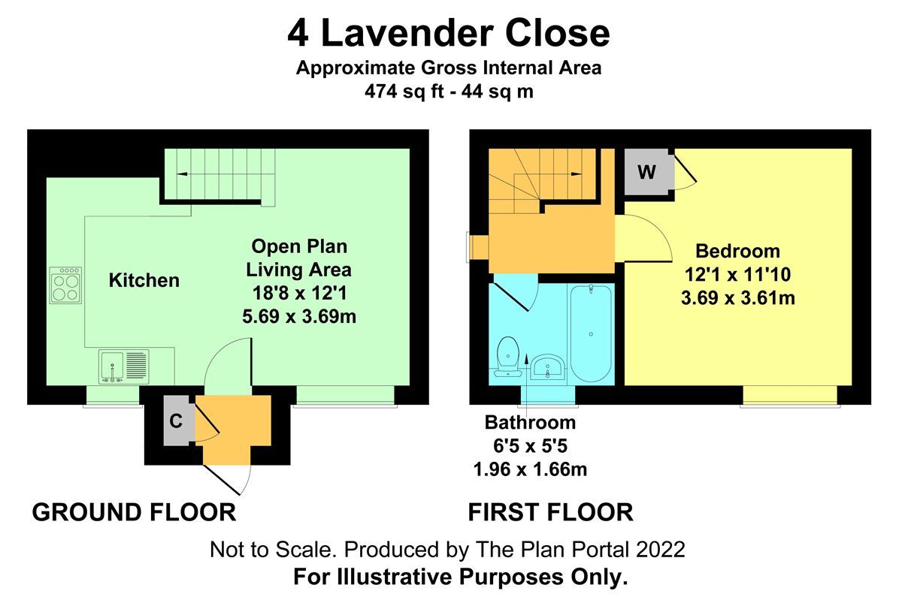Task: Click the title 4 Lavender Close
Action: click(x=449, y=34)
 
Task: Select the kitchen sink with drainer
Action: click(x=123, y=367)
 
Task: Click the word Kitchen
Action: click(x=144, y=281)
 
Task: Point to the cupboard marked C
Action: click(x=176, y=421)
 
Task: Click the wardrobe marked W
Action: click(x=646, y=172)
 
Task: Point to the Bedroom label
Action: click(x=737, y=251)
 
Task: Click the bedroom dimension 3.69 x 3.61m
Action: click(x=737, y=298)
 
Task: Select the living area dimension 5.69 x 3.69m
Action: click(x=299, y=317)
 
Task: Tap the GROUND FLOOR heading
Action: click(x=134, y=513)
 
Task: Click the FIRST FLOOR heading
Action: click(x=550, y=513)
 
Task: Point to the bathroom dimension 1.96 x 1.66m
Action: click(x=530, y=470)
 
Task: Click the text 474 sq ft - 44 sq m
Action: click(x=449, y=92)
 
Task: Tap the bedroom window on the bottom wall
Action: click(x=788, y=395)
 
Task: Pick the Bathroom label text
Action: click(x=530, y=422)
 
